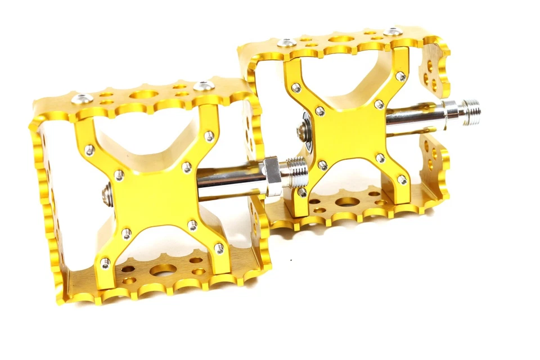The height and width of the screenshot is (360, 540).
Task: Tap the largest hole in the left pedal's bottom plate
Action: (x=163, y=271)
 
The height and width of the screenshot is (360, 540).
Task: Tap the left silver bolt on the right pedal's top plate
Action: (x=287, y=42)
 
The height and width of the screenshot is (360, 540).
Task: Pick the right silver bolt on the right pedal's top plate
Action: (x=394, y=31)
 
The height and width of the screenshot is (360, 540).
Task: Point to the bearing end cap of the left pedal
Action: (x=106, y=195)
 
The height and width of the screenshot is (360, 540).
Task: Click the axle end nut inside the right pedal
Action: (x=301, y=130)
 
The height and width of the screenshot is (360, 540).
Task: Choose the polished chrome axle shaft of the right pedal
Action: (x=416, y=114)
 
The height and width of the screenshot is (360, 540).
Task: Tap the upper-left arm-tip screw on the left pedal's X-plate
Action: (x=88, y=149)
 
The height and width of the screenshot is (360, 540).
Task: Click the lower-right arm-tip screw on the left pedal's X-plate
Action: (x=219, y=248)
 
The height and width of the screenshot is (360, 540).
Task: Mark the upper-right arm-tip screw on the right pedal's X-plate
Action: (x=400, y=76)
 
